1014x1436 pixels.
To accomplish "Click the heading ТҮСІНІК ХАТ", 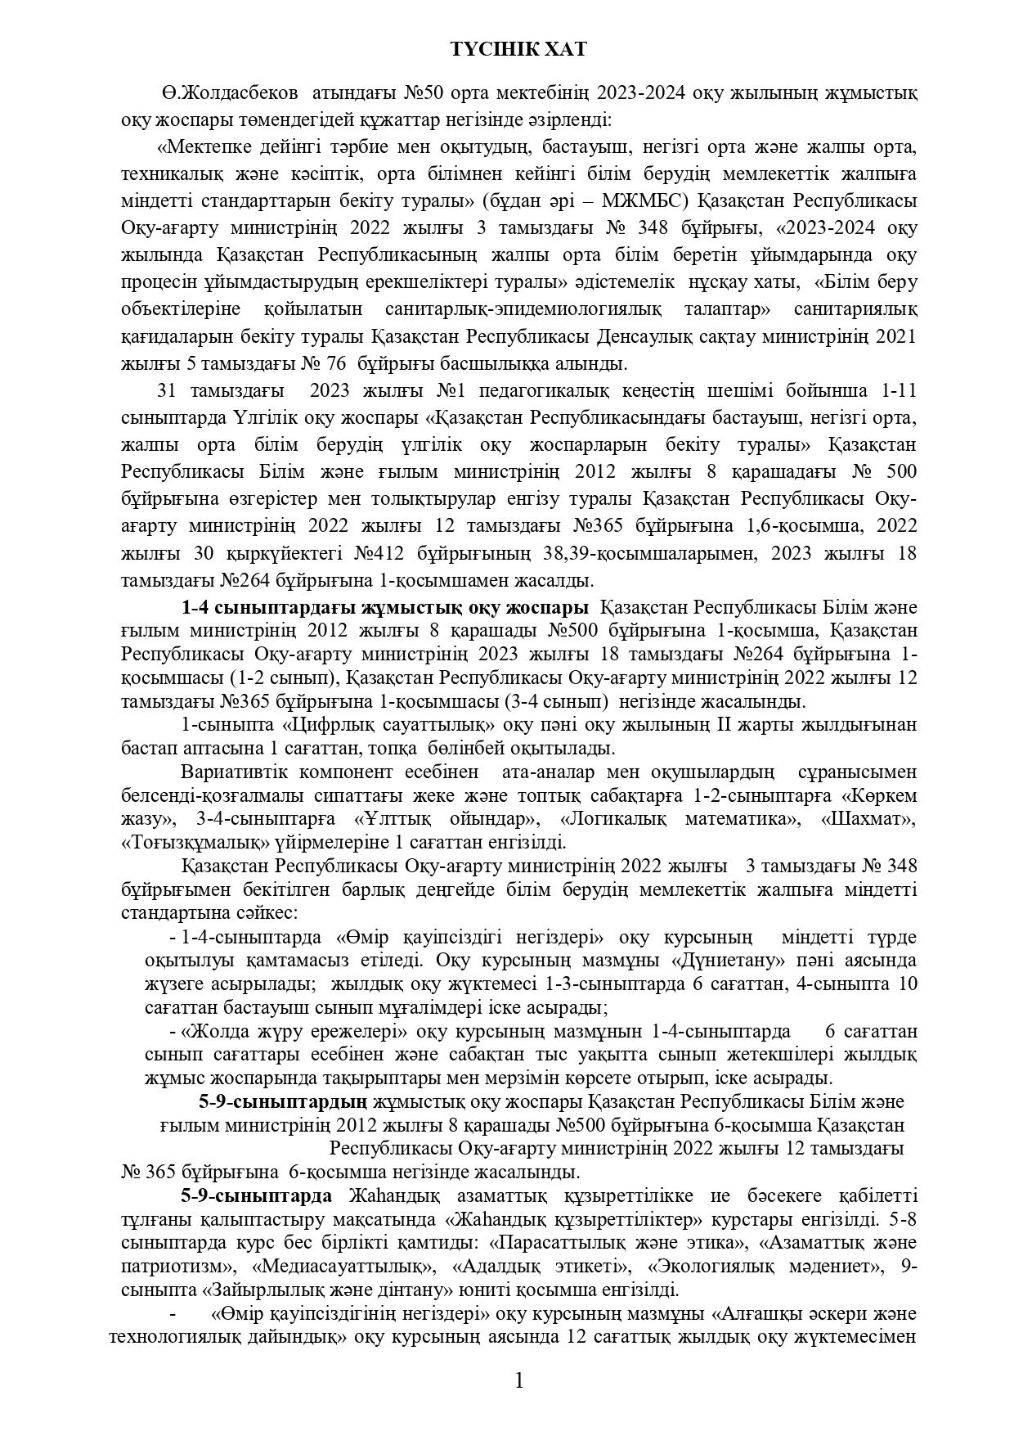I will click(x=518, y=50).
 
